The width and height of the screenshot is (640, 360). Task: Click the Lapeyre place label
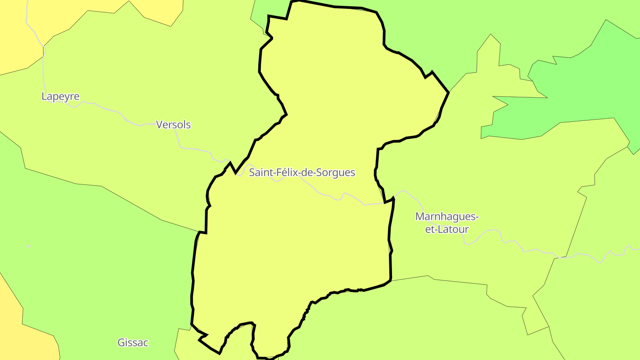(x=60, y=96)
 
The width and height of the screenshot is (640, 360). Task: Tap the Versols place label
(x=173, y=125)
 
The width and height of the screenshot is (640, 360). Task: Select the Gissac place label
(x=132, y=343)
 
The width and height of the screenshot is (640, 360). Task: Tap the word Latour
(x=453, y=230)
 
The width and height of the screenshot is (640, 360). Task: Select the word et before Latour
(x=430, y=230)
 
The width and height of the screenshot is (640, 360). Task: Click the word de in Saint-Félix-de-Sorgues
(x=309, y=172)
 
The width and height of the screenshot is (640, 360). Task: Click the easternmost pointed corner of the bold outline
(x=449, y=92)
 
